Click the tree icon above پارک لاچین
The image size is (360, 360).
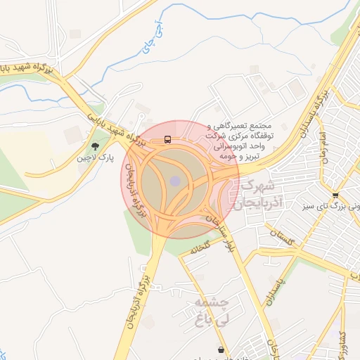click(x=95, y=146)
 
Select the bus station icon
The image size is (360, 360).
click(x=167, y=139)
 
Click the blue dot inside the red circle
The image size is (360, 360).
click(x=174, y=181)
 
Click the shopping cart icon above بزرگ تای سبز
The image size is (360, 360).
click(x=335, y=195)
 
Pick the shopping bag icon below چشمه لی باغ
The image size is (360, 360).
click(x=221, y=349)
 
